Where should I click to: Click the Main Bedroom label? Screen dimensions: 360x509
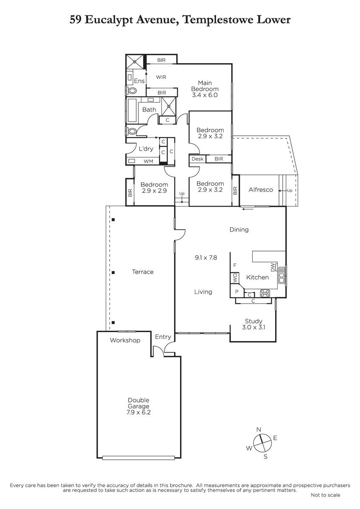pyautogui.click(x=205, y=86)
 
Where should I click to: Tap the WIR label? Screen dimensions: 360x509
pyautogui.click(x=161, y=77)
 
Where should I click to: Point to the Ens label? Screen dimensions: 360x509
pyautogui.click(x=139, y=81)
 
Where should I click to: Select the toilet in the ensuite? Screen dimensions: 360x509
pyautogui.click(x=132, y=91)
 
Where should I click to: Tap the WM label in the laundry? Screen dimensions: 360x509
pyautogui.click(x=148, y=161)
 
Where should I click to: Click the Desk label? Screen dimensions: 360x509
pyautogui.click(x=197, y=159)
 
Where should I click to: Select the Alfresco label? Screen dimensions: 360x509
pyautogui.click(x=261, y=190)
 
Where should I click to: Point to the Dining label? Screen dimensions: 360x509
pyautogui.click(x=239, y=229)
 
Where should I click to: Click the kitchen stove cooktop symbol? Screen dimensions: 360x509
pyautogui.click(x=265, y=294)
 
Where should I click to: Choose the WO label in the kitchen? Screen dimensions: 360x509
pyautogui.click(x=235, y=277)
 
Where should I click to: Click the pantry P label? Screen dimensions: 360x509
pyautogui.click(x=237, y=292)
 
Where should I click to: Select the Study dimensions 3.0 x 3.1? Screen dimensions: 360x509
pyautogui.click(x=253, y=327)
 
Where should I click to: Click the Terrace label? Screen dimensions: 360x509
pyautogui.click(x=143, y=272)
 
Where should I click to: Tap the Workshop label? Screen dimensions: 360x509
pyautogui.click(x=125, y=340)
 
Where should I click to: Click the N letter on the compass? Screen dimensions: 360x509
pyautogui.click(x=259, y=429)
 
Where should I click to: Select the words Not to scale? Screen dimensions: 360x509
pyautogui.click(x=325, y=495)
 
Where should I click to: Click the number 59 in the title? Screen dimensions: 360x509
pyautogui.click(x=76, y=20)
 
